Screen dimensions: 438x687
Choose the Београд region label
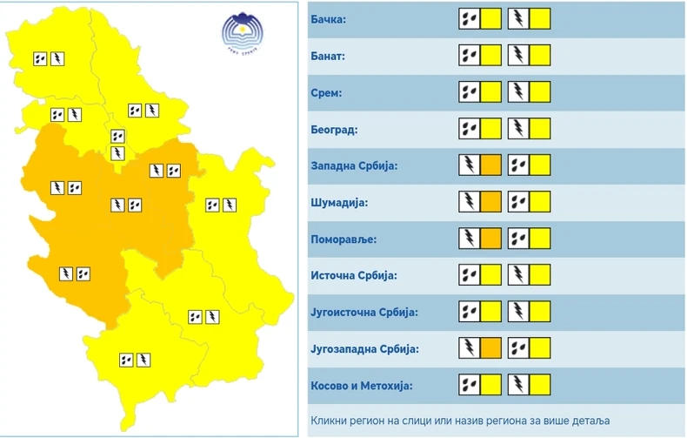point(334,129)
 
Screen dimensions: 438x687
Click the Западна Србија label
point(353,165)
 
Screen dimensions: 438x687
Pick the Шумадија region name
point(340,202)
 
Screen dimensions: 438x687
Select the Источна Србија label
point(353,275)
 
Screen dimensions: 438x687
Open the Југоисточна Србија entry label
point(364,312)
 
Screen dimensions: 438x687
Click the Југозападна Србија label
point(365,348)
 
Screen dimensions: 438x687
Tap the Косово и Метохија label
point(360,385)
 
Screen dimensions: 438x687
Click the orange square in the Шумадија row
point(490,202)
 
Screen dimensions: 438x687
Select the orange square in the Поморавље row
point(490,239)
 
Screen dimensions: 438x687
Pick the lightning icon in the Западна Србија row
point(470,165)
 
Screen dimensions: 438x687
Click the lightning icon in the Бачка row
point(518,19)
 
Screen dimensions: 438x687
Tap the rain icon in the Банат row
point(470,56)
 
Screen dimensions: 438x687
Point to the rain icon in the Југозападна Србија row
point(518,348)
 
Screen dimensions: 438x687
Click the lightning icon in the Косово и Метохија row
point(518,385)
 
